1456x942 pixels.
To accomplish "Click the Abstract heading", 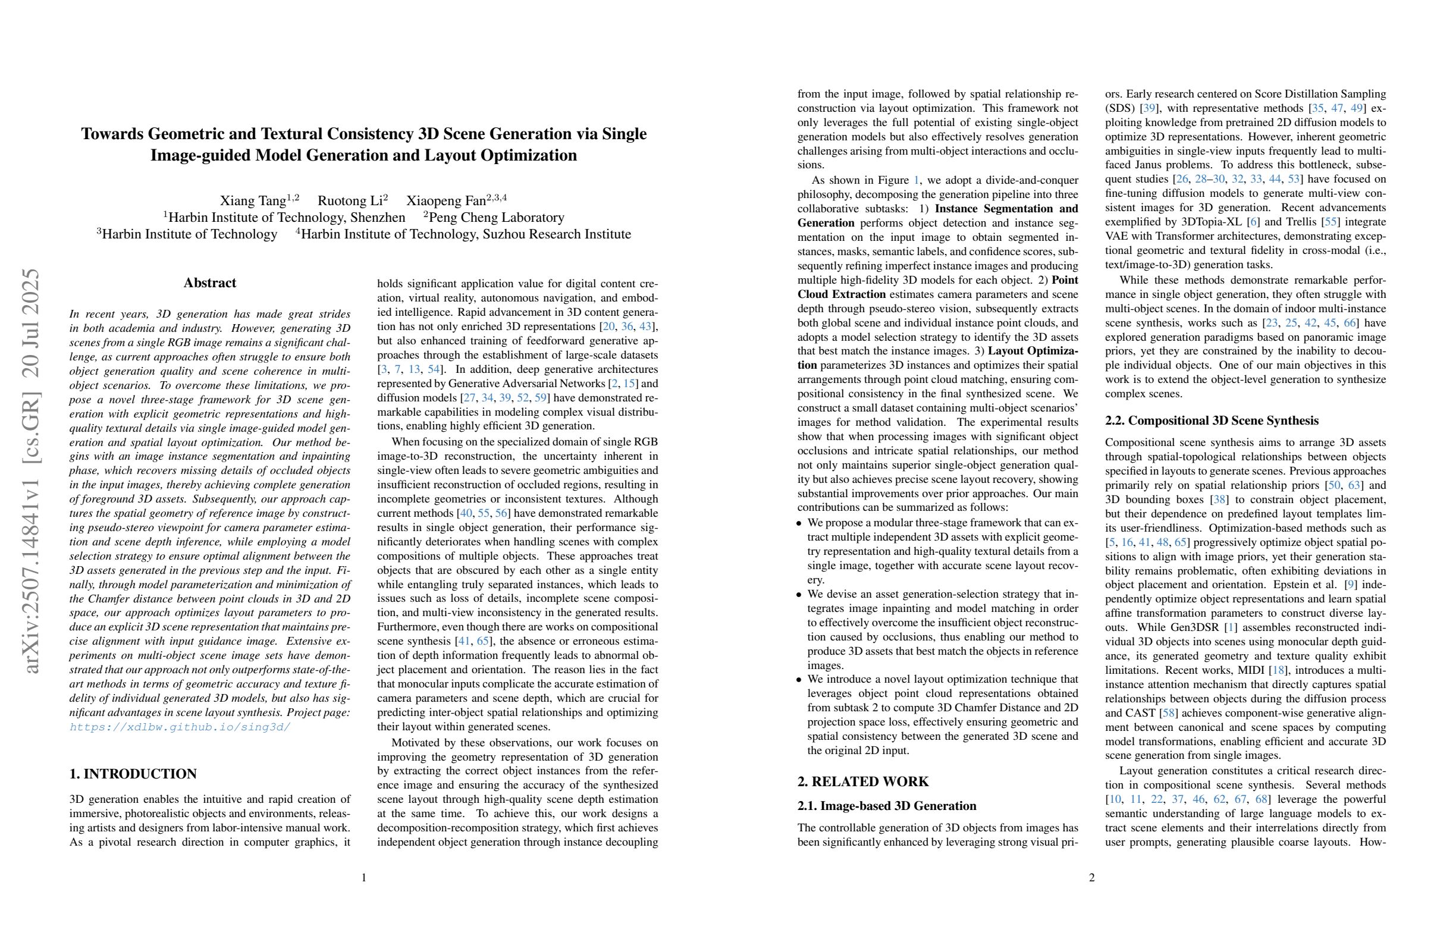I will tap(210, 283).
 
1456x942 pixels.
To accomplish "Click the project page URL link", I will tap(180, 727).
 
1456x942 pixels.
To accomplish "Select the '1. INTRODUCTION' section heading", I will tap(133, 774).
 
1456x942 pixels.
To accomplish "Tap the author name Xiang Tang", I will tap(253, 200).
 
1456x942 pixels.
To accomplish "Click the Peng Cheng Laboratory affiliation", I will tap(496, 218).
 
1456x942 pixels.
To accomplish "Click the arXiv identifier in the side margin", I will tap(30, 471).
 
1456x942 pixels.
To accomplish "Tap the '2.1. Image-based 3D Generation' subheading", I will tap(886, 806).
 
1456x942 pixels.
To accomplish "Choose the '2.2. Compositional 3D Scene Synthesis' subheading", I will tap(1212, 420).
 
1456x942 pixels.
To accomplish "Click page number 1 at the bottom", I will tap(364, 878).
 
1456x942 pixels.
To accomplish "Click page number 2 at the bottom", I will tap(1091, 878).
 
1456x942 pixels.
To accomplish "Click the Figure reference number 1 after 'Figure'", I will tap(916, 180).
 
